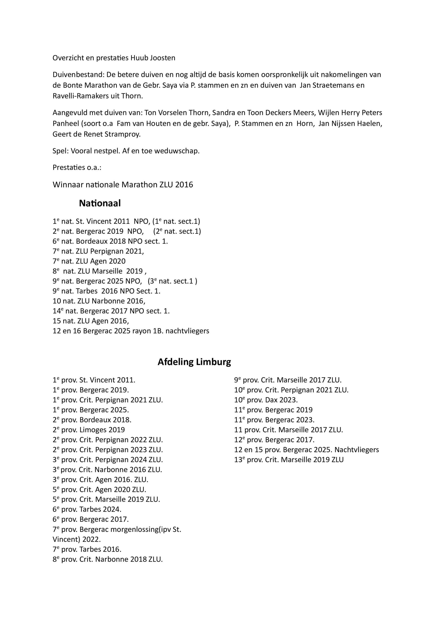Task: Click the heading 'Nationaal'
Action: [100, 203]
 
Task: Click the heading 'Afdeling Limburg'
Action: [194, 362]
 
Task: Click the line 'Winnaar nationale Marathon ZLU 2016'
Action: [123, 185]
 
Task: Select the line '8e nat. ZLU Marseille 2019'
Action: [99, 271]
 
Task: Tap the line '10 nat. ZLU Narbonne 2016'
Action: [99, 301]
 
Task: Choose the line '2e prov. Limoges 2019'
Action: [89, 430]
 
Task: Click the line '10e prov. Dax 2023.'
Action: [266, 400]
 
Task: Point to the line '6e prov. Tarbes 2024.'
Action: [87, 509]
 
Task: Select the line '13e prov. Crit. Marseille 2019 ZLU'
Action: [289, 459]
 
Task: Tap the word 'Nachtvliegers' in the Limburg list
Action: [357, 449]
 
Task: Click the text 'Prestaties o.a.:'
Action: [77, 167]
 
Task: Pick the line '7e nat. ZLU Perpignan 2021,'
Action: [98, 251]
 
